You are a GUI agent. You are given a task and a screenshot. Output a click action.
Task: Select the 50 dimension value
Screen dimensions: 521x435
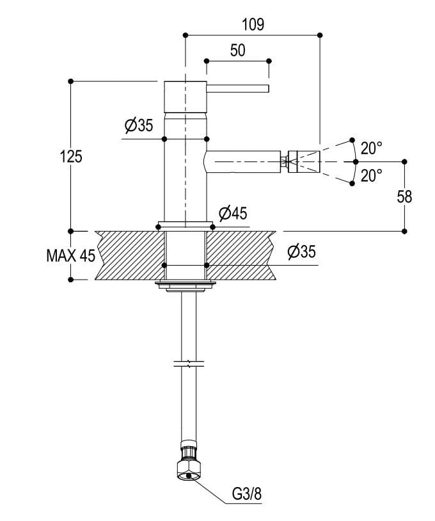point(237,51)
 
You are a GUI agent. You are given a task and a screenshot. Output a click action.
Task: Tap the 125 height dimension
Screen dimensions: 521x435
point(72,156)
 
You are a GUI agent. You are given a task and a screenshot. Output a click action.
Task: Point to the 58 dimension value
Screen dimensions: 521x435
point(404,196)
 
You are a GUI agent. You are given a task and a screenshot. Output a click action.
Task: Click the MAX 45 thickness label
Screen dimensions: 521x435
point(70,256)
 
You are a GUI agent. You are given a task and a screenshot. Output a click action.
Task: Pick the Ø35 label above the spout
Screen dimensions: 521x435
point(139,125)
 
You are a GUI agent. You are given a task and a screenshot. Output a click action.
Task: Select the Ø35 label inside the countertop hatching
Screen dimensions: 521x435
point(301,252)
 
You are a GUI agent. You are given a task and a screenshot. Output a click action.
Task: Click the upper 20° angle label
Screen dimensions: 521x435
point(371,148)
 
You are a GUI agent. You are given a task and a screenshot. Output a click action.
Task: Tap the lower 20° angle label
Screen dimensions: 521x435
point(371,175)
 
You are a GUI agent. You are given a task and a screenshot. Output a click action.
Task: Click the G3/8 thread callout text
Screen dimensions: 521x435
point(246,494)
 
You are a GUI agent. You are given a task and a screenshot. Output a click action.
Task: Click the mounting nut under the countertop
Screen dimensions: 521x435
point(185,285)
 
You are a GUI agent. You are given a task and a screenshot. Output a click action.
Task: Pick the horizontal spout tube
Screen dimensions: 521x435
point(243,160)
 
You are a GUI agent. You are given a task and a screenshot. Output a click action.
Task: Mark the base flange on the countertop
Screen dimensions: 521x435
point(185,225)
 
